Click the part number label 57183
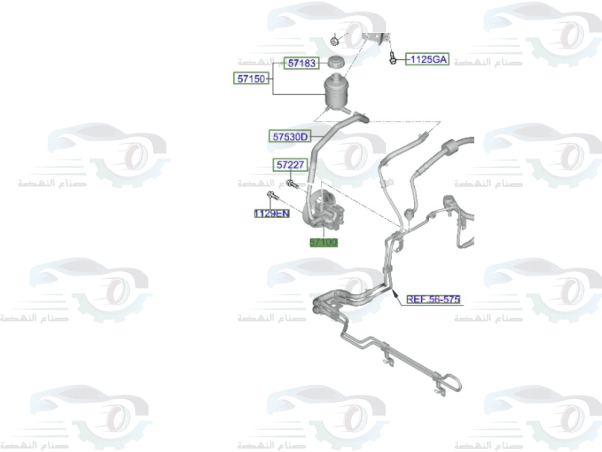coord(301,63)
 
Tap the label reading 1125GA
coord(427,59)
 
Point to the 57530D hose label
coord(289,137)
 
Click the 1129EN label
coord(272,213)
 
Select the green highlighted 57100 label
coord(324,243)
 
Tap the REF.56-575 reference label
coord(433,299)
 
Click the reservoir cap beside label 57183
coord(335,61)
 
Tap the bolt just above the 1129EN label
coord(270,195)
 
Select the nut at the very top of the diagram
coord(335,40)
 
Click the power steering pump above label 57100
coord(325,211)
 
